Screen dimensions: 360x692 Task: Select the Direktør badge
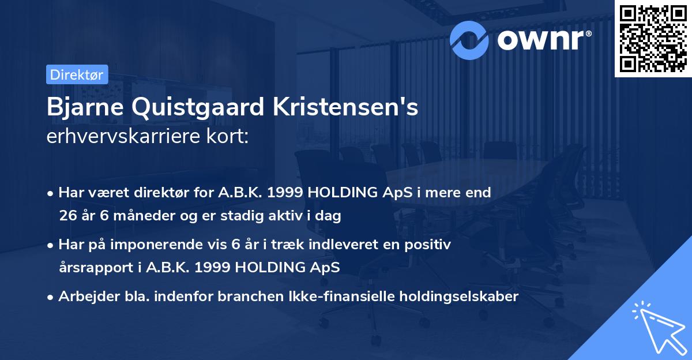(77, 74)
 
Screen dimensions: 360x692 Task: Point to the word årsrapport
(93, 268)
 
